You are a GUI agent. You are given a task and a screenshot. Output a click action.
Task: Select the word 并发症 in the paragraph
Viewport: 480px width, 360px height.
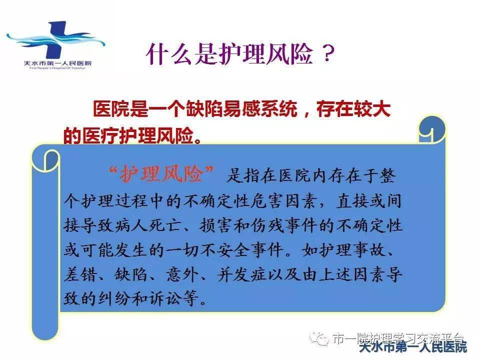point(249,274)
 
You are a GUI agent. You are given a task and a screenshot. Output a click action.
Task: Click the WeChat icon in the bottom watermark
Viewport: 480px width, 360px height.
point(317,338)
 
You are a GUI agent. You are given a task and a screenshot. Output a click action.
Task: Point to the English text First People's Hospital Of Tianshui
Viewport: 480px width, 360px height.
point(49,68)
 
